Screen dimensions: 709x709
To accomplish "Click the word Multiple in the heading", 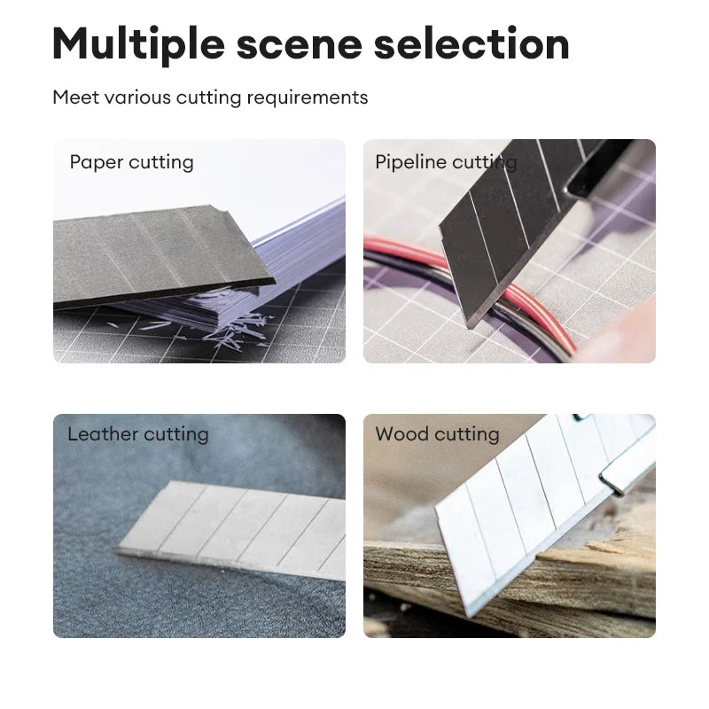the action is coord(138,44).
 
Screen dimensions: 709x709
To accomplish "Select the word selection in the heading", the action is coord(471,43).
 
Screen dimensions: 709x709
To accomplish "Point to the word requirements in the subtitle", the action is coord(307,97).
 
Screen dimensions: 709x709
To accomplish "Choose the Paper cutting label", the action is coord(131,162).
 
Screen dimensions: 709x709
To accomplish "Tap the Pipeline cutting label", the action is coord(446,162).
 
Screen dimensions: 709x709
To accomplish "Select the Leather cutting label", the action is coord(138,434).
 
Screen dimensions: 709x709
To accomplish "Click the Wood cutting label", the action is coord(437,434).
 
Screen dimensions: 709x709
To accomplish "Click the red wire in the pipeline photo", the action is coord(534,308).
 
